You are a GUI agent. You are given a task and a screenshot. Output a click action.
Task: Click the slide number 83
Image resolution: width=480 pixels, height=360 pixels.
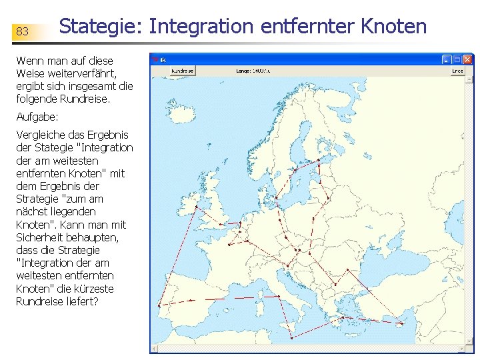tap(22, 31)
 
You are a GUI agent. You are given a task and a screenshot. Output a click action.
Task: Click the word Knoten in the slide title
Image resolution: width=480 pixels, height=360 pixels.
tap(394, 27)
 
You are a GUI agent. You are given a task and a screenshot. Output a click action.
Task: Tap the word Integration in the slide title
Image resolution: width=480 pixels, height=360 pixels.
tap(201, 27)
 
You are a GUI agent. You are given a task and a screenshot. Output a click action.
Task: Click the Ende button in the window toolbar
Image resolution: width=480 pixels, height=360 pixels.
tap(457, 70)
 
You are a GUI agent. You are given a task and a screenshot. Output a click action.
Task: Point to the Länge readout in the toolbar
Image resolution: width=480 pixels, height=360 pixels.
tap(253, 70)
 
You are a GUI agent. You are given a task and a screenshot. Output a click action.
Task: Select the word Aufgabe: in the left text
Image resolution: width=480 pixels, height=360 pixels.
tap(37, 116)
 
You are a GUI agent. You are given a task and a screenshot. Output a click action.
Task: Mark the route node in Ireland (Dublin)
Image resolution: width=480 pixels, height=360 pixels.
tap(195, 207)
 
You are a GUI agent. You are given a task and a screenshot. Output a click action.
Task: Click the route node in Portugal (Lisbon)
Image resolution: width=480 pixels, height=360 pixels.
tap(159, 306)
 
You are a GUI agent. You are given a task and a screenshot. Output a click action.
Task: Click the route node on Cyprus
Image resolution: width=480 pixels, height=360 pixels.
tap(401, 324)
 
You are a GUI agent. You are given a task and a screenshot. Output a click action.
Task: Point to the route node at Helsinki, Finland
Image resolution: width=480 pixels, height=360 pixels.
tap(319, 161)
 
